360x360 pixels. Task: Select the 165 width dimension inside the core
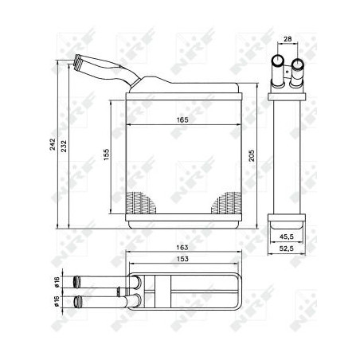pyautogui.click(x=182, y=119)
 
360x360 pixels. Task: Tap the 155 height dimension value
pyautogui.click(x=106, y=154)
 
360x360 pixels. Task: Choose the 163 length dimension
pyautogui.click(x=182, y=248)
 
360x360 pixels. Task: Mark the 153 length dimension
pyautogui.click(x=182, y=259)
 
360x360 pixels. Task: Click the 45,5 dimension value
pyautogui.click(x=287, y=236)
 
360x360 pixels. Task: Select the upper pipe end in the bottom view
pyautogui.click(x=78, y=281)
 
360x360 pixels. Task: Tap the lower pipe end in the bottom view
pyautogui.click(x=78, y=301)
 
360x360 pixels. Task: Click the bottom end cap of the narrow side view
pyautogui.click(x=287, y=217)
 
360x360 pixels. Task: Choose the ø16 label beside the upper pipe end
pyautogui.click(x=57, y=281)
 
